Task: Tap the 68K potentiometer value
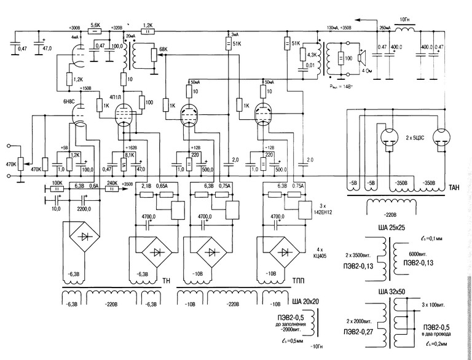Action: pos(163,49)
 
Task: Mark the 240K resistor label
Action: pos(112,183)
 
